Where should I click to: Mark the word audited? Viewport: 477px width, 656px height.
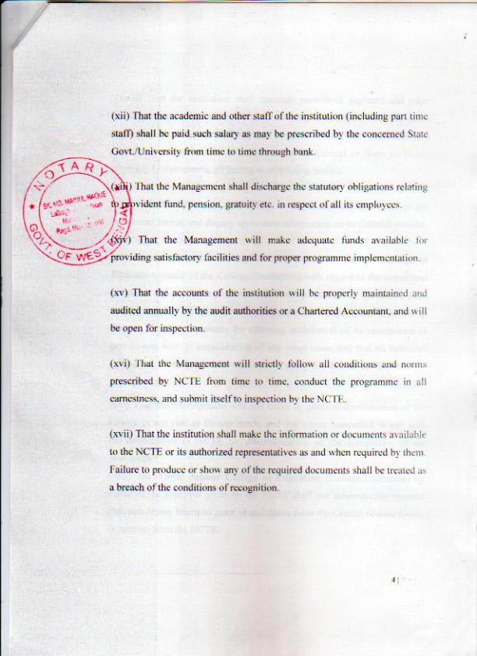click(x=129, y=311)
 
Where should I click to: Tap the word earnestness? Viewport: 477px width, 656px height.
click(x=138, y=399)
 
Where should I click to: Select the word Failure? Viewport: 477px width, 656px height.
click(x=127, y=470)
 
